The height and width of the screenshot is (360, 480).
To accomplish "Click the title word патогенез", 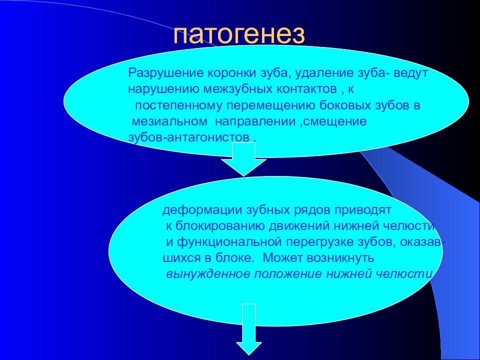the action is click(239, 35).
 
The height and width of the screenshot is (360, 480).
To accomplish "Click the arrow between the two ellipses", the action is click(243, 159).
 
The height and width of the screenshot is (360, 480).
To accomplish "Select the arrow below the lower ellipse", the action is click(249, 329).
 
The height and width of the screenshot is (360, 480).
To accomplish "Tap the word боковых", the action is click(345, 105).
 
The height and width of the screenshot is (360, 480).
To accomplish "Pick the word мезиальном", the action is click(169, 121).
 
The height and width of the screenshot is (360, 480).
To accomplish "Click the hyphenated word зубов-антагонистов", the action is click(188, 137).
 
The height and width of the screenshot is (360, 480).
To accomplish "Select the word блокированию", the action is click(221, 226).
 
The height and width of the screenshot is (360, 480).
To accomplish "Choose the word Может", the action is click(283, 258).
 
